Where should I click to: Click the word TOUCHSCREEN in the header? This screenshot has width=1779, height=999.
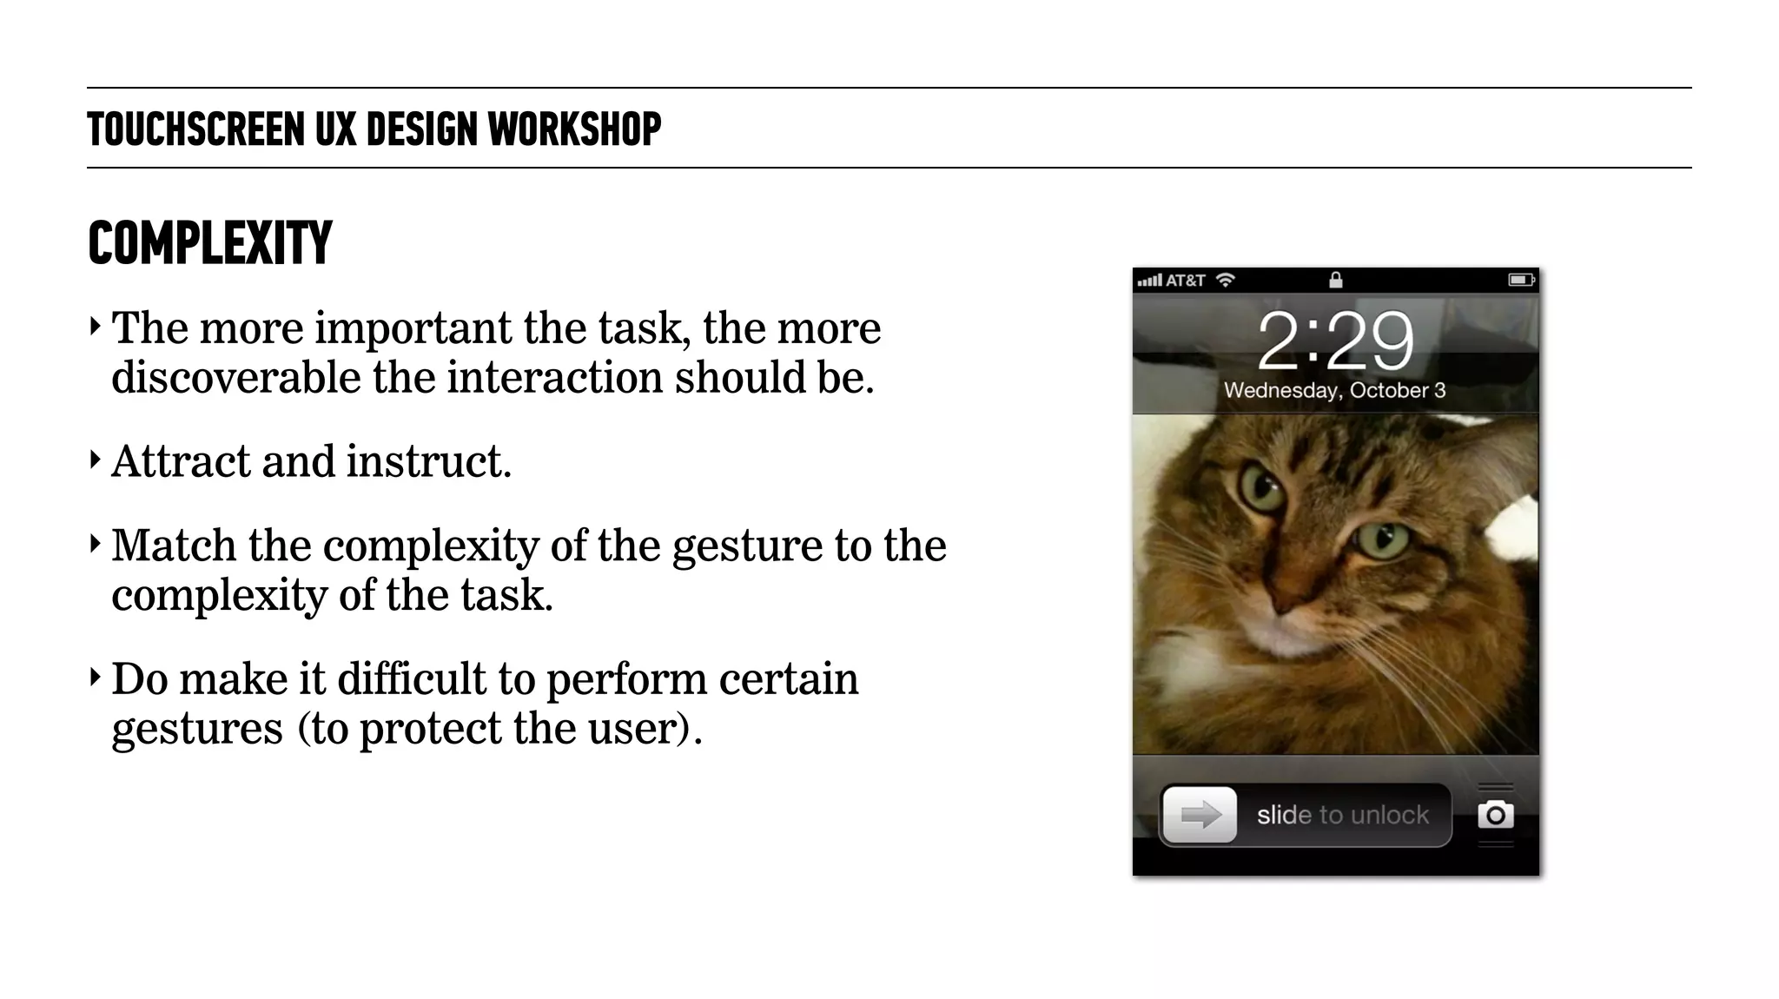(x=195, y=129)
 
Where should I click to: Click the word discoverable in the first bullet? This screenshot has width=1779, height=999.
(x=235, y=378)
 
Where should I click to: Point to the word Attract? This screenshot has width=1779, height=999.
(x=180, y=461)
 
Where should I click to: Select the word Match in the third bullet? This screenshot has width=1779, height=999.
(x=174, y=546)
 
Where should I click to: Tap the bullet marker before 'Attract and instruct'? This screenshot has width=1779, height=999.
(x=95, y=460)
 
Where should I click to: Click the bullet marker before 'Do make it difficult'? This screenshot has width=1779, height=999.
(x=95, y=677)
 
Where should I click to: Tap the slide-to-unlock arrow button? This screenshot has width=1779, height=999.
(x=1200, y=815)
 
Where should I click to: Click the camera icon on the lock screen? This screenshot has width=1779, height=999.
(x=1495, y=815)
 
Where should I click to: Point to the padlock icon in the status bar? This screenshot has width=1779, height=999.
(x=1335, y=280)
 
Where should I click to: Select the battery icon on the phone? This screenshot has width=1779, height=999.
(x=1520, y=280)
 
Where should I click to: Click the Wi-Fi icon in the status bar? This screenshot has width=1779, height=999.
(x=1225, y=280)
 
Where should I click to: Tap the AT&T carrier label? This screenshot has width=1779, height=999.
(x=1185, y=281)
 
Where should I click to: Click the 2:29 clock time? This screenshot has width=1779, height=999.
(x=1335, y=341)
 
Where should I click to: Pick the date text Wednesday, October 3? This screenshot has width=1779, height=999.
(x=1335, y=391)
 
